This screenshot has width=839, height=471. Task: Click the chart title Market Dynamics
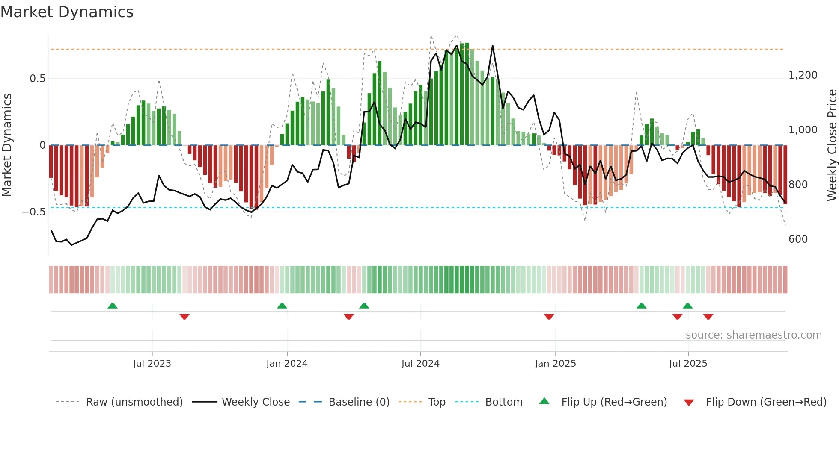pos(67,12)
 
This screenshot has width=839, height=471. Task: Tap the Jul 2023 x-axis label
pos(152,364)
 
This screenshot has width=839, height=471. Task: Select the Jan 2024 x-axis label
pos(287,364)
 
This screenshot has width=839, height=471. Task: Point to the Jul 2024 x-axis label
pos(420,364)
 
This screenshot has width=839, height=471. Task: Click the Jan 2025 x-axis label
pos(555,364)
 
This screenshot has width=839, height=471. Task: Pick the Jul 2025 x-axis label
pos(688,364)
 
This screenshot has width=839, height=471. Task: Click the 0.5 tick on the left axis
pos(37,79)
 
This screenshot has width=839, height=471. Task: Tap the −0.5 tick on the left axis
pos(33,212)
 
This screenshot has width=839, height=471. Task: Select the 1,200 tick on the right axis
pos(803,75)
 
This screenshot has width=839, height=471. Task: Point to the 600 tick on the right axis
pos(798,239)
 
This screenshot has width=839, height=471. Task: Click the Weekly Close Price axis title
pos(832,145)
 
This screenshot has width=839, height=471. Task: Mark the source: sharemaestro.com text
pos(753,335)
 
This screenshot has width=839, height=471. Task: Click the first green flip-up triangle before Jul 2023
pos(113,306)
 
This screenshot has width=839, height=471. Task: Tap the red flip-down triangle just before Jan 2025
pos(549,317)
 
